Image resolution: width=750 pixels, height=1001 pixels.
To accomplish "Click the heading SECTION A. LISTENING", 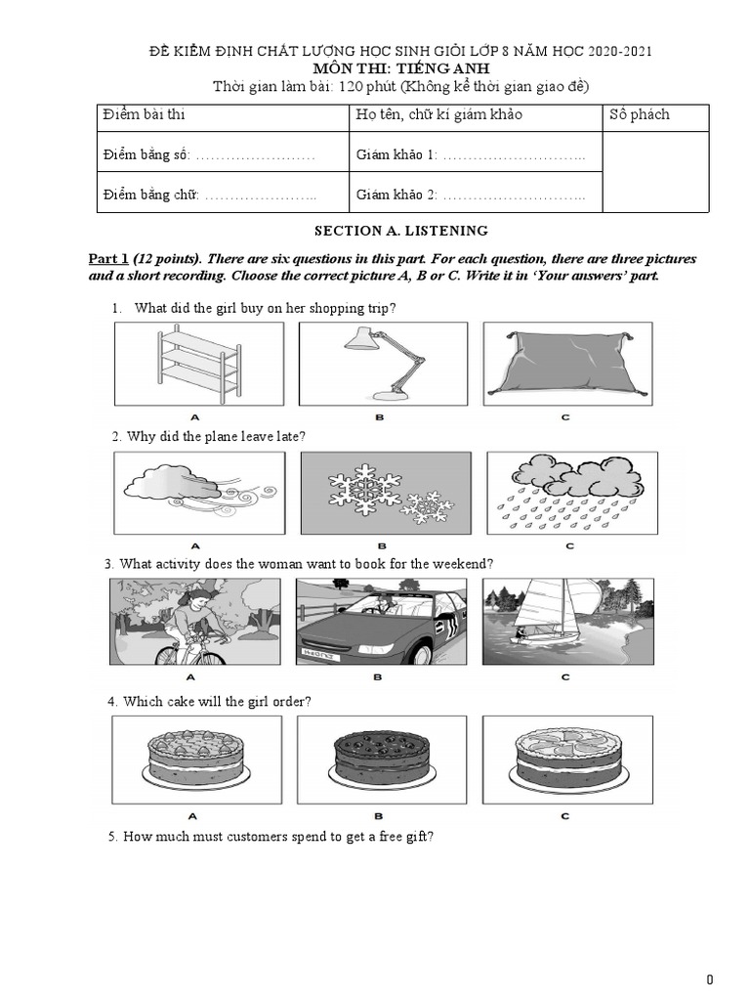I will tap(400, 231).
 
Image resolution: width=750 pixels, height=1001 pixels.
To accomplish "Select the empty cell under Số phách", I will tap(656, 172).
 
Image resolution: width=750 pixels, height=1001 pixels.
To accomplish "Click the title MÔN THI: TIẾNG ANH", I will tap(400, 69).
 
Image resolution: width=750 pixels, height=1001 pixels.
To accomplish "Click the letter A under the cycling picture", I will tap(190, 676).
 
